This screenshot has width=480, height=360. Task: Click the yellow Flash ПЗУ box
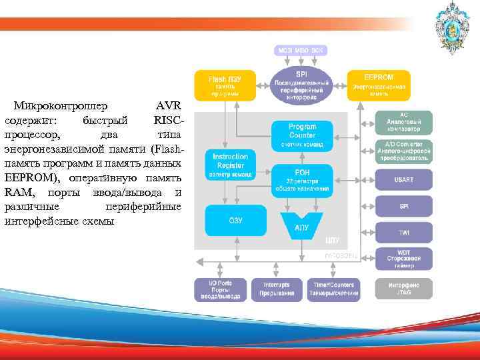[x=225, y=85]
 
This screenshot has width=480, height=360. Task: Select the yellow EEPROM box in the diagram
[x=379, y=85]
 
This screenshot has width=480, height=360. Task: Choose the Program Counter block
[x=302, y=135]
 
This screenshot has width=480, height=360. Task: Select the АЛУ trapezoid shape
[x=302, y=224]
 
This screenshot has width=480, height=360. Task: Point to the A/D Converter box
[x=403, y=151]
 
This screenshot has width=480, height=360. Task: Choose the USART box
[x=403, y=180]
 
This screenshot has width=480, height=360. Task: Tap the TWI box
[x=403, y=233]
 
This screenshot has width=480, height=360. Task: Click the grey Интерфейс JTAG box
[x=403, y=288]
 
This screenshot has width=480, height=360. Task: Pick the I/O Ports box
[x=219, y=289]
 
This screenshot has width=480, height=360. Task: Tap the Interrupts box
[x=276, y=289]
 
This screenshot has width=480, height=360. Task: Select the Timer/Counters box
[x=333, y=289]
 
